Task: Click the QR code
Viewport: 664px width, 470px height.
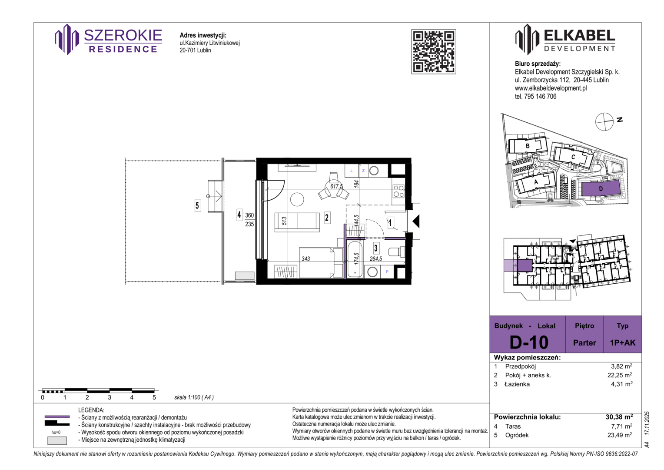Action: point(433,52)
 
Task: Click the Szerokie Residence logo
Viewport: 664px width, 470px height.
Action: point(109,40)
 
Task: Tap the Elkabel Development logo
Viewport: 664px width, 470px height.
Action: point(565,40)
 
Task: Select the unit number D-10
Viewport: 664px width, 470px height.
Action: point(529,342)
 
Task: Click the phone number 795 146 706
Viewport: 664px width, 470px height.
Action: point(540,97)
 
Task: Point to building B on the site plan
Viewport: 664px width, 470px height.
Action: point(528,146)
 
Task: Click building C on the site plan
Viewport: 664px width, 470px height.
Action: point(573,158)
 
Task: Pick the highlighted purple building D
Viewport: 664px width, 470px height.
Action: point(601,188)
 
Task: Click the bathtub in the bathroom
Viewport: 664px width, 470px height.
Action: point(355,259)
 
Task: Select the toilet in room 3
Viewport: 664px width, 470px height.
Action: point(397,252)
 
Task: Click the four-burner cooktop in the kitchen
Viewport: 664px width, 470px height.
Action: point(398,191)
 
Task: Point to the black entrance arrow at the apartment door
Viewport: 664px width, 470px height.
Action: point(416,222)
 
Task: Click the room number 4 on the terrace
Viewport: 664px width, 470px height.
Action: point(239,215)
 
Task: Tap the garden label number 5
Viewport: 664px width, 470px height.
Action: point(197,205)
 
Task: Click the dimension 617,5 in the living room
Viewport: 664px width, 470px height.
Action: point(336,186)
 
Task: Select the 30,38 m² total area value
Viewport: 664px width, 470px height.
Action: point(619,417)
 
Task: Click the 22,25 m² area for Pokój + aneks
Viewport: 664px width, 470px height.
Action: point(620,375)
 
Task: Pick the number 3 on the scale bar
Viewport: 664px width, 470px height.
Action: point(110,397)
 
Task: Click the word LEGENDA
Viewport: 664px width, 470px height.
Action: point(91,410)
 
